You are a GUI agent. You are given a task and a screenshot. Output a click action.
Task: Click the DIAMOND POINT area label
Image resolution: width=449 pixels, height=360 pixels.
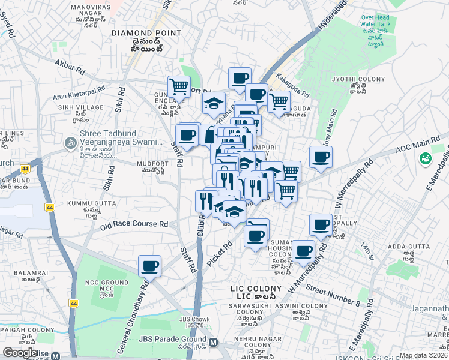coord(146,33)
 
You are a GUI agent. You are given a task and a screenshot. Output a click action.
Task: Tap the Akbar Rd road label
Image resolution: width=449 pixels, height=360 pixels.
coord(70,66)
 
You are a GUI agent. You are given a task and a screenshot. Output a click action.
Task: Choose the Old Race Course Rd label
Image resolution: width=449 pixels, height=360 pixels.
coord(134,225)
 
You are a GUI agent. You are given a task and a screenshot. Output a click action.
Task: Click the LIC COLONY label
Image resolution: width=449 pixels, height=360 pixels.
coord(256,289)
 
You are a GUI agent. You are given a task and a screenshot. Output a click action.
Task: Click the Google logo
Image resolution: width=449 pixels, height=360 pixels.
coord(20,352)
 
